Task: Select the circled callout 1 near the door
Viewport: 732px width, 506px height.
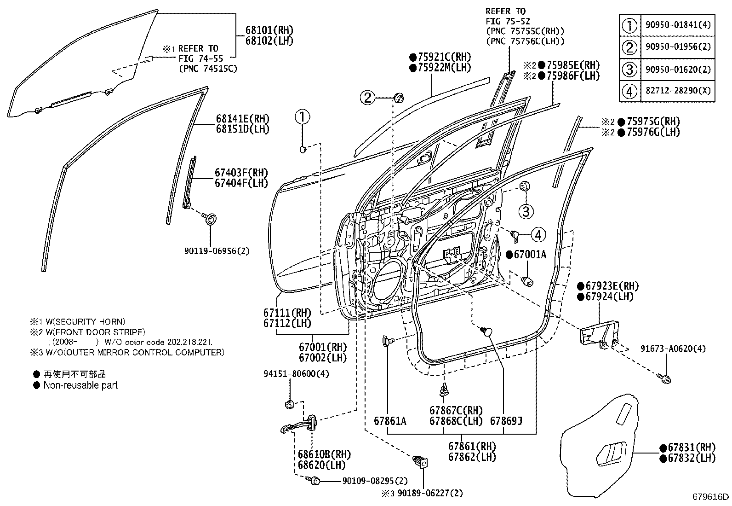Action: pos(303,117)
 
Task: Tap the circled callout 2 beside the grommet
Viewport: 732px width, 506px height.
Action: pos(368,97)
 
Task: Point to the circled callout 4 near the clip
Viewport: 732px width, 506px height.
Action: pos(538,234)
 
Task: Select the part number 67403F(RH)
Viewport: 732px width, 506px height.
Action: pos(241,173)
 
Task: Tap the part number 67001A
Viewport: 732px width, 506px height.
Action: pos(530,255)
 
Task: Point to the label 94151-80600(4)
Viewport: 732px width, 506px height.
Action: pos(297,374)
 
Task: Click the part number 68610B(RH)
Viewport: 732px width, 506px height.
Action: pos(324,455)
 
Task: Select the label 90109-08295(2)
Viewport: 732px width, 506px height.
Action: pos(375,481)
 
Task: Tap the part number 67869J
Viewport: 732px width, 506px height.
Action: pos(506,421)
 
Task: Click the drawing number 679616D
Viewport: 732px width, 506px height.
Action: pos(711,497)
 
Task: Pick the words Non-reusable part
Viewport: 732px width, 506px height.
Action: pos(80,385)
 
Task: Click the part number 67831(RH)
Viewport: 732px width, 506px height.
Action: pos(692,448)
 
